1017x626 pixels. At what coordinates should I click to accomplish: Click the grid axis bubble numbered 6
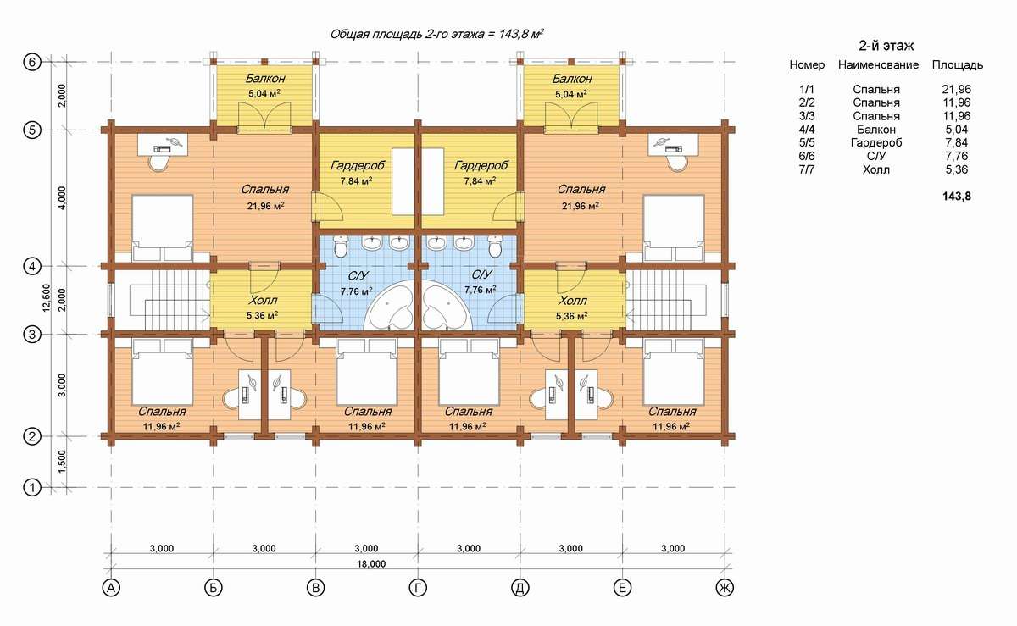pos(32,62)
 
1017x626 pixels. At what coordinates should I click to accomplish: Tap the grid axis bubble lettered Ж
pos(725,588)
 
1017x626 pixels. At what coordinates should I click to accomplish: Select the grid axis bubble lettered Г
pos(418,588)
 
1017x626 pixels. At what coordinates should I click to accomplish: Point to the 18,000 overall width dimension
pos(371,564)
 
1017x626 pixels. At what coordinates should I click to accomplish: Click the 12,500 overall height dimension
pos(46,298)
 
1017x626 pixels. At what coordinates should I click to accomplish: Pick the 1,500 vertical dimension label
pos(62,462)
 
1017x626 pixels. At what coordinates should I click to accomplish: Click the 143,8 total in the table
pos(957,197)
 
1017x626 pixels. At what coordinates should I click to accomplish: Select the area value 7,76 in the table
pos(956,156)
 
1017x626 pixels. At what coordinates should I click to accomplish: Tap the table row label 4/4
pos(807,130)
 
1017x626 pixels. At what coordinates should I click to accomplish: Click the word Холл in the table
pos(875,169)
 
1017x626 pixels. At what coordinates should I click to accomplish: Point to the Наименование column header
pos(878,65)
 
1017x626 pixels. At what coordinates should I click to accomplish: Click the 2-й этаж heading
pos(886,46)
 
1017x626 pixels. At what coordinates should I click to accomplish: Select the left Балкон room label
pos(265,79)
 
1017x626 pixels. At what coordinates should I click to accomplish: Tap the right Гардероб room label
pos(481,165)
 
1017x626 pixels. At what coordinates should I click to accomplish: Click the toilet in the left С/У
pos(340,246)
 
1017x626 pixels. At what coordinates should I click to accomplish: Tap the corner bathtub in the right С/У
pos(447,305)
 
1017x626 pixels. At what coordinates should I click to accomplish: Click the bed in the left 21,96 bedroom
pos(162,228)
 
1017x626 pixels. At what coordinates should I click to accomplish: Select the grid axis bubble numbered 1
pos(32,488)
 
